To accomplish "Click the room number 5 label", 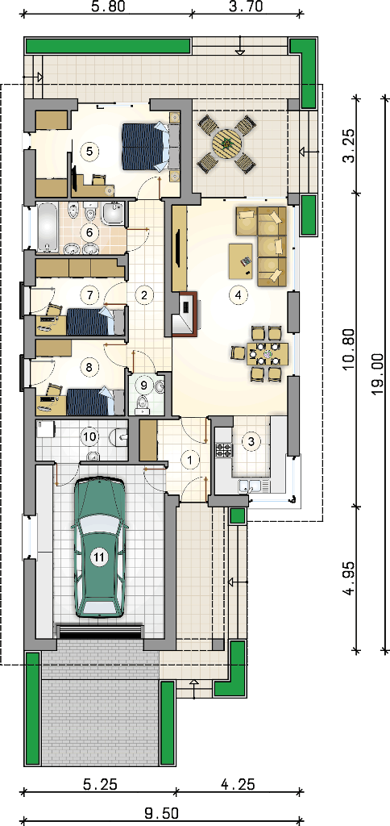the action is point(89,151).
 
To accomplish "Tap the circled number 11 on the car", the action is point(98,558).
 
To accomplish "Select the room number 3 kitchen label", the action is point(252,441).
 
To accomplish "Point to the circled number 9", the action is point(143,386).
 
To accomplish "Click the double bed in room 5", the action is point(145,146).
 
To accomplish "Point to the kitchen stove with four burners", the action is point(223,450).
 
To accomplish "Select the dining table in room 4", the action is point(268,354).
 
